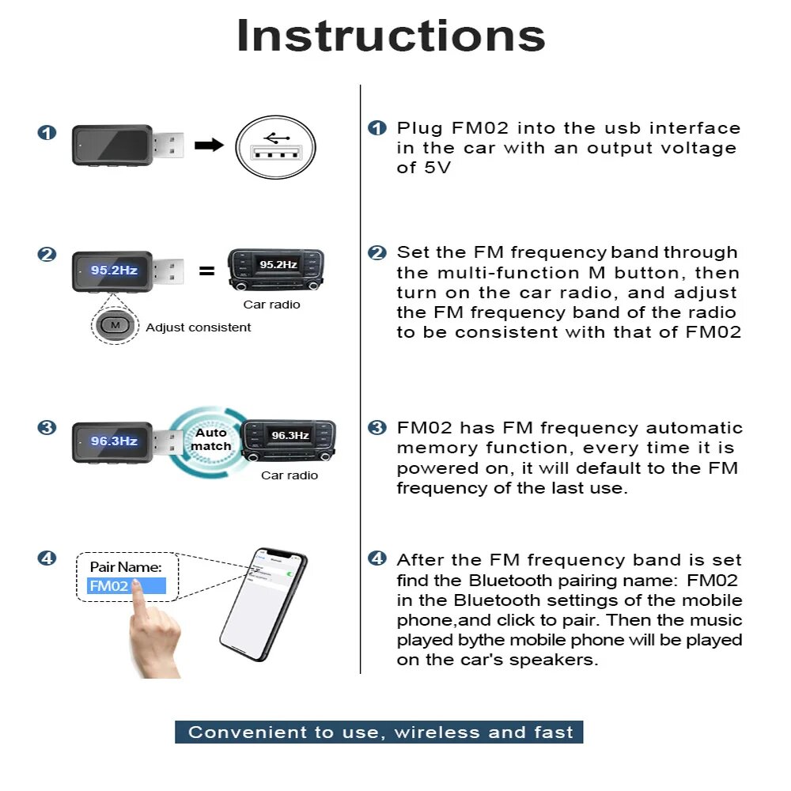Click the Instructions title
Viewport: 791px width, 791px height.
click(391, 36)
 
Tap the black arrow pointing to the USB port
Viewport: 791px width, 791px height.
click(209, 145)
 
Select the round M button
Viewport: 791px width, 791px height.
click(115, 324)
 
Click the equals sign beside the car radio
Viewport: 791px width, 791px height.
click(206, 271)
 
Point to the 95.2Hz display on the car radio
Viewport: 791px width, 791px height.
click(278, 264)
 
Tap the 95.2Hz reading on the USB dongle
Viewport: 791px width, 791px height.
click(114, 271)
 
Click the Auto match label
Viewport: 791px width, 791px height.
click(211, 440)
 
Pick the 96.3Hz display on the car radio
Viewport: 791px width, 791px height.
click(290, 435)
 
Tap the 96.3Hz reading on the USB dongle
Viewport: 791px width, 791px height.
click(114, 441)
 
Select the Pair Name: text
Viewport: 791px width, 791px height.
click(126, 567)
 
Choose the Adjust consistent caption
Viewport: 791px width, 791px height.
click(199, 327)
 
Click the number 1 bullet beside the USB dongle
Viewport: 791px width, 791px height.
click(47, 132)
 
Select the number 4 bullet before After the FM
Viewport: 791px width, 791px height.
click(377, 559)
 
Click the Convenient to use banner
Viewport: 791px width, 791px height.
click(380, 732)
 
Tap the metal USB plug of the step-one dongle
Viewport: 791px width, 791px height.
click(168, 144)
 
